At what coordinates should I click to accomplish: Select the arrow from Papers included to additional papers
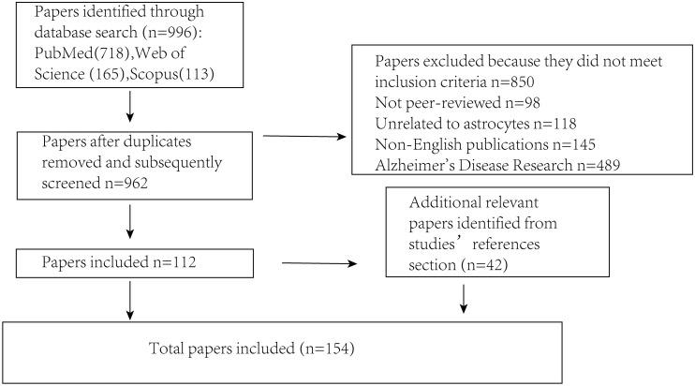(x=319, y=263)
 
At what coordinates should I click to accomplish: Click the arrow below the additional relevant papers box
(x=464, y=299)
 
